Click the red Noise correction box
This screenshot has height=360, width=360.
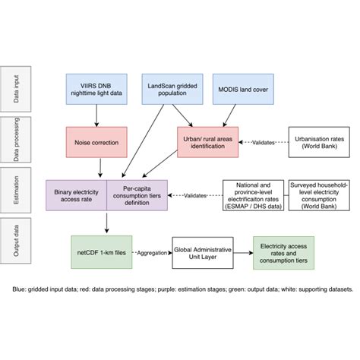click(x=96, y=142)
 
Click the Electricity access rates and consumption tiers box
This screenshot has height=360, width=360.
click(x=283, y=252)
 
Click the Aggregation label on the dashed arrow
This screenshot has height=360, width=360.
click(x=155, y=252)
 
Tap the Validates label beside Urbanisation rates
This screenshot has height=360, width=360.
click(x=261, y=142)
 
